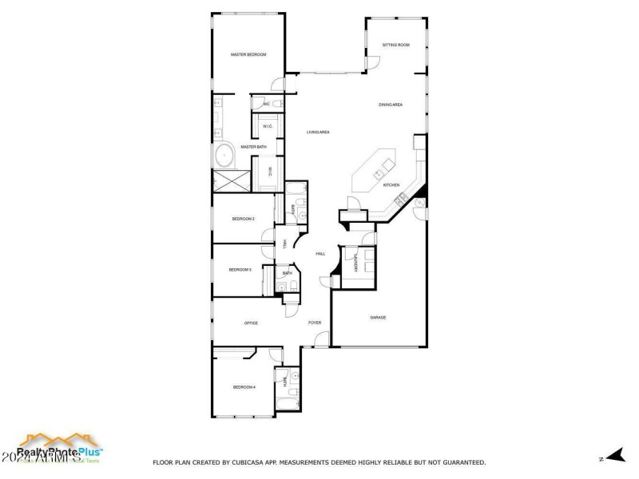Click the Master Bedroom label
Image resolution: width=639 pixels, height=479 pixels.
pos(248,54)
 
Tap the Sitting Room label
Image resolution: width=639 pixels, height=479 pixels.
pos(395,45)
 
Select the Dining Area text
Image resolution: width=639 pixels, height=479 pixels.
pos(391,105)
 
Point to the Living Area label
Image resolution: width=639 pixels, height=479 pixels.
pos(319,132)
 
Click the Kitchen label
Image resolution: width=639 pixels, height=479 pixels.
pos(391,185)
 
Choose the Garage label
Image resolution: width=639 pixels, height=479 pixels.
pos(378,318)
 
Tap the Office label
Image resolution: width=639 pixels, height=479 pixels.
pos(251,323)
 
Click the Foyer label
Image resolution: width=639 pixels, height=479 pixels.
pos(315,323)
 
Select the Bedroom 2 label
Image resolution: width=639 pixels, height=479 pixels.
pos(243,219)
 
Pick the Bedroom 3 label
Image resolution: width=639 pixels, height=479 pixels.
pos(240,270)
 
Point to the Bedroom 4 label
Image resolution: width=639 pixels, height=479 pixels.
pos(244,387)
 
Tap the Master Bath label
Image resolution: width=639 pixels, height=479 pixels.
pos(253,147)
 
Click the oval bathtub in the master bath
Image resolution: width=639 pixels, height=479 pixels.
pos(224,155)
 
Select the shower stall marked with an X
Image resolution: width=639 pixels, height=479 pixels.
pos(230,181)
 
